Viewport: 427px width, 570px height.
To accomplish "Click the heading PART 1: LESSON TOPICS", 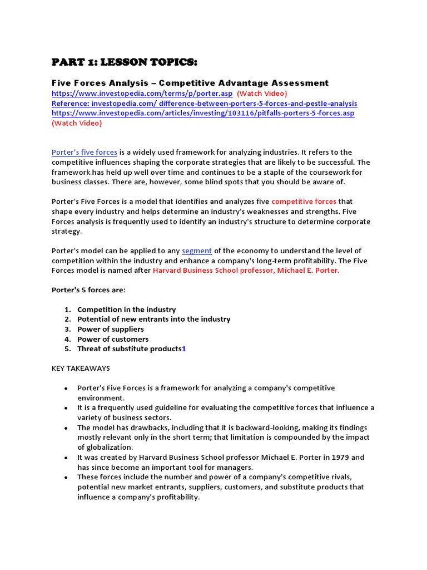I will click(x=124, y=61).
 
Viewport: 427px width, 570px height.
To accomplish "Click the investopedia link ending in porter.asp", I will click(x=142, y=94).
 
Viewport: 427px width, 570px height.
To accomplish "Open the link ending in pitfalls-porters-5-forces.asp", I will click(x=203, y=113).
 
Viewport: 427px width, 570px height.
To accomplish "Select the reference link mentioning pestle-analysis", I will click(x=204, y=104).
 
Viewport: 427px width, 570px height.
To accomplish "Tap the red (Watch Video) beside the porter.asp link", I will click(x=262, y=94).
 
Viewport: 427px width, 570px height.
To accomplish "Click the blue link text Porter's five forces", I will click(x=84, y=153).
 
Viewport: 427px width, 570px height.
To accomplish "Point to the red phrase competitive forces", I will click(x=304, y=202).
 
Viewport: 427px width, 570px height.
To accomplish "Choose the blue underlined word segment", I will click(x=197, y=251).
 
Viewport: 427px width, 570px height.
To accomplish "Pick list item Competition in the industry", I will click(x=126, y=309).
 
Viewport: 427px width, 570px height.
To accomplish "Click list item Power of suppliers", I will click(x=110, y=329).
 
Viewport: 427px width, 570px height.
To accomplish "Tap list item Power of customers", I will click(x=113, y=339).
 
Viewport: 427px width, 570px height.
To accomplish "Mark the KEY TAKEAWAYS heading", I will click(x=81, y=368).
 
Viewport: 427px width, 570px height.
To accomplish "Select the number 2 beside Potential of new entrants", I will click(x=66, y=320).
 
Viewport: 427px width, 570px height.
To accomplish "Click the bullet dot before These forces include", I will click(x=66, y=478).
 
